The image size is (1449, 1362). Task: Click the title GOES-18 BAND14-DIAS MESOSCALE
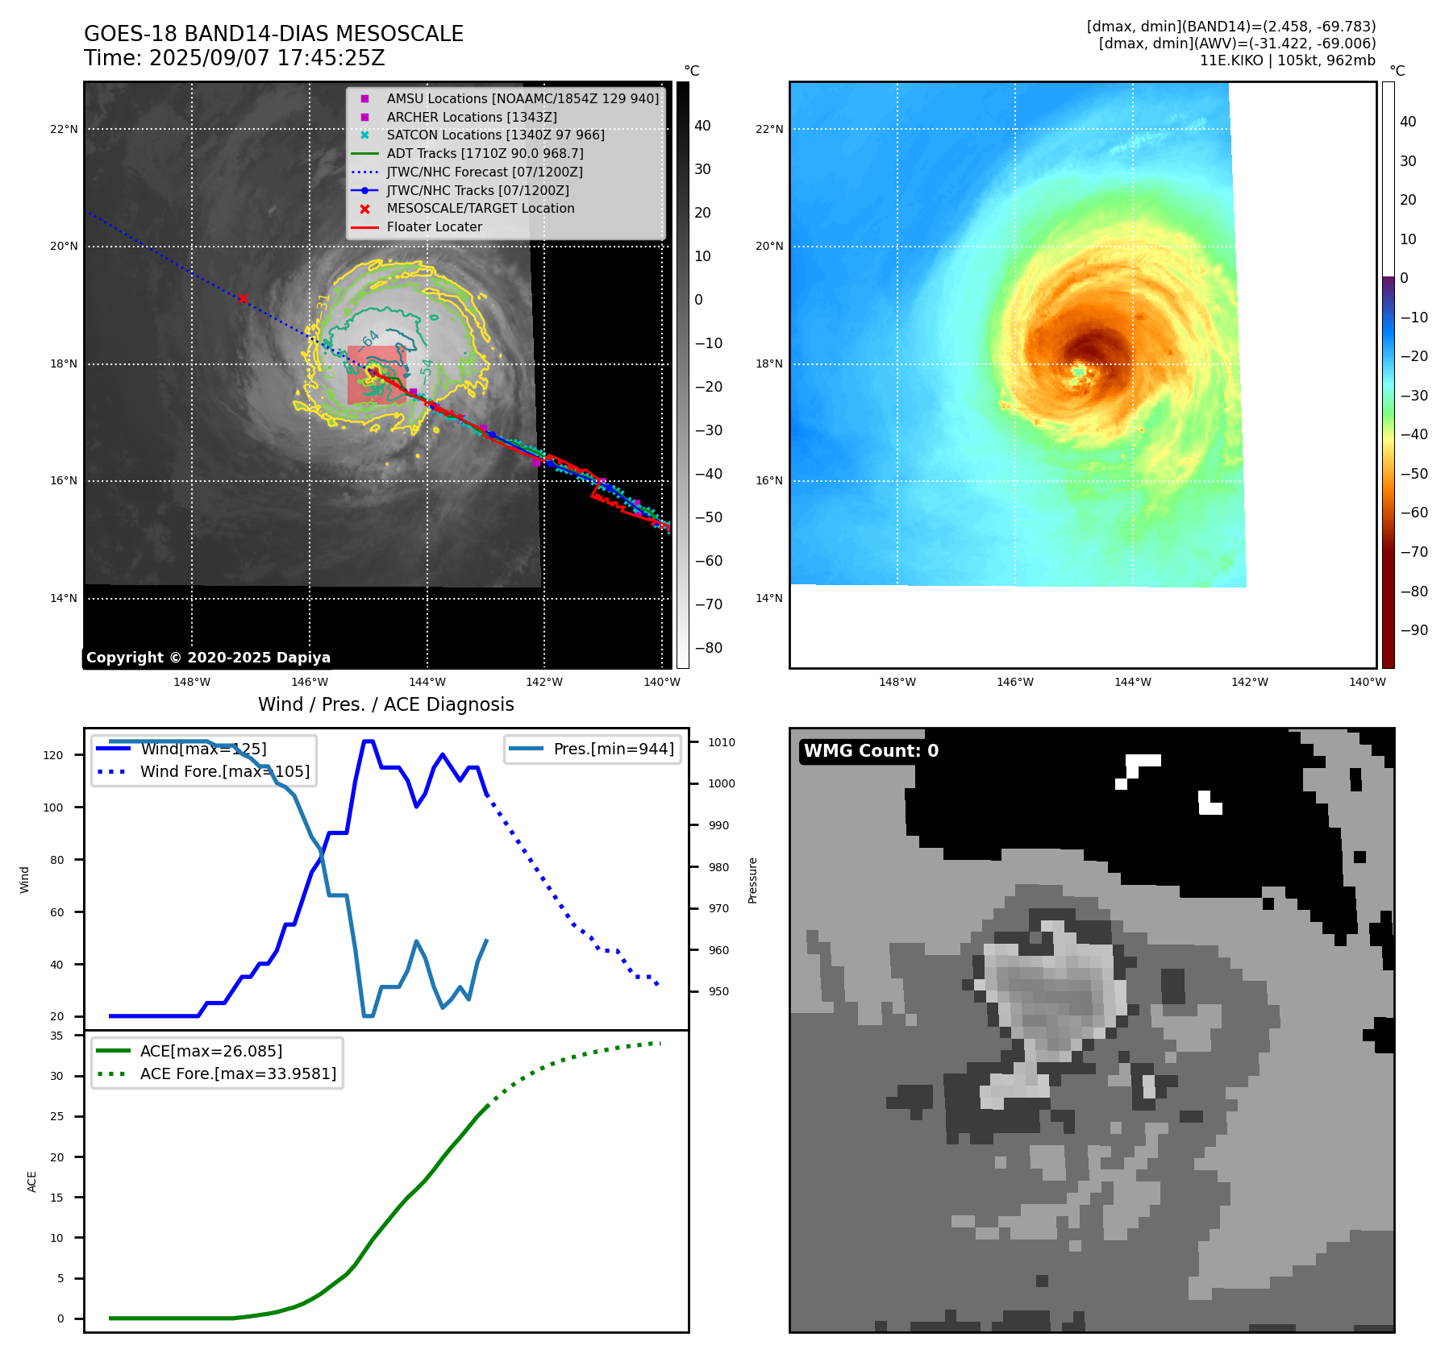pos(273,34)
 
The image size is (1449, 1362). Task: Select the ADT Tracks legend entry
pos(485,153)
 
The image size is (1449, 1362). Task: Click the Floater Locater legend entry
pos(434,227)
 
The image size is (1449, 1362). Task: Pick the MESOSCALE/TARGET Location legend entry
pos(480,209)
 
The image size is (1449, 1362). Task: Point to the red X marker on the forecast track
pos(243,298)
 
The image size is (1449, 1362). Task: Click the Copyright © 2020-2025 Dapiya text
pos(208,658)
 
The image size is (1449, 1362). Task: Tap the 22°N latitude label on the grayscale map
pos(65,129)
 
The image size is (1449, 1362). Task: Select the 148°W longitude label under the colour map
pos(897,683)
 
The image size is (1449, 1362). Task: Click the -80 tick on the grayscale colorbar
pos(709,648)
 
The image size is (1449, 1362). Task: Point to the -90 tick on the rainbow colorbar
pos(1414,630)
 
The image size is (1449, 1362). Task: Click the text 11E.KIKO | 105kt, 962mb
pos(1287,60)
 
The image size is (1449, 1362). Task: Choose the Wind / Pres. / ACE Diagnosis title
pos(385,704)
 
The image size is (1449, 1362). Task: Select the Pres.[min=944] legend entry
pos(613,749)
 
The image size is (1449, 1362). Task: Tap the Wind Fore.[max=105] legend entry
pos(224,771)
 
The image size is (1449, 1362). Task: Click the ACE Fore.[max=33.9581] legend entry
pos(238,1073)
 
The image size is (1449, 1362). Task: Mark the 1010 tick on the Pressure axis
pos(722,742)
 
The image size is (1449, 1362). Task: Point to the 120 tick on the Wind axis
pos(53,755)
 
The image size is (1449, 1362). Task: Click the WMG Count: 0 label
pos(871,751)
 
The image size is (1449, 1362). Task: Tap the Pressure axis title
pos(752,880)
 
